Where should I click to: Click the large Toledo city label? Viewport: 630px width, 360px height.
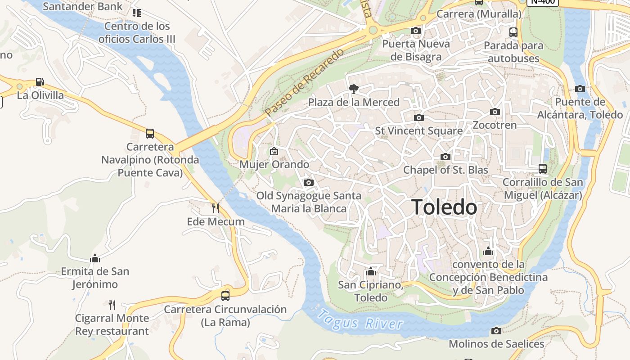(444, 207)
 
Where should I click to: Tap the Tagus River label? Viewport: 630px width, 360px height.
(360, 321)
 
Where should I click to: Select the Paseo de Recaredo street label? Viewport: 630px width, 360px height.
(305, 82)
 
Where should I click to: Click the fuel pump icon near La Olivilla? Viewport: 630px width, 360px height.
(40, 82)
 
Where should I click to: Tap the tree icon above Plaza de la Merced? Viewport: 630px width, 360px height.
(354, 89)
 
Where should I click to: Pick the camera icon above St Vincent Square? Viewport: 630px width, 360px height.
(419, 117)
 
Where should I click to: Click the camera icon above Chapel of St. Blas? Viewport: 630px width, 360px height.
(445, 157)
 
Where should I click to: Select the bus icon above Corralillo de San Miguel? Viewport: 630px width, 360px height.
(543, 169)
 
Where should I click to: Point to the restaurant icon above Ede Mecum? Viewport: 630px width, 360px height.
(216, 208)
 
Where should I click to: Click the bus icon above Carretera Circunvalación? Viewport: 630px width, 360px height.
(225, 296)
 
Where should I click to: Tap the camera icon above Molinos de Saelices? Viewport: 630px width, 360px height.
(496, 331)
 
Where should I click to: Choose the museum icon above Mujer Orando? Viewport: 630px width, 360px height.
(274, 151)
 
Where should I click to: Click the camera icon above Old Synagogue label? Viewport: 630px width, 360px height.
(309, 182)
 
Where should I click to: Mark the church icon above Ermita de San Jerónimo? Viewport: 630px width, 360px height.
(95, 258)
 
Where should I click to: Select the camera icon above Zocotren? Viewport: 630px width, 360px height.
(495, 112)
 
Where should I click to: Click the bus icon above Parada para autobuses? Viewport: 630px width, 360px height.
(513, 32)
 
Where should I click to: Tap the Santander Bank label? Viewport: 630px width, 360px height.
(82, 6)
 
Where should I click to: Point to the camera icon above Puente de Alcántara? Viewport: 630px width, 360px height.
(580, 89)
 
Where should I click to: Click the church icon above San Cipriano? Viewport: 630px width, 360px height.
(371, 271)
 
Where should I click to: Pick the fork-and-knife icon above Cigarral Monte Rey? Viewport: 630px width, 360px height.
(112, 305)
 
